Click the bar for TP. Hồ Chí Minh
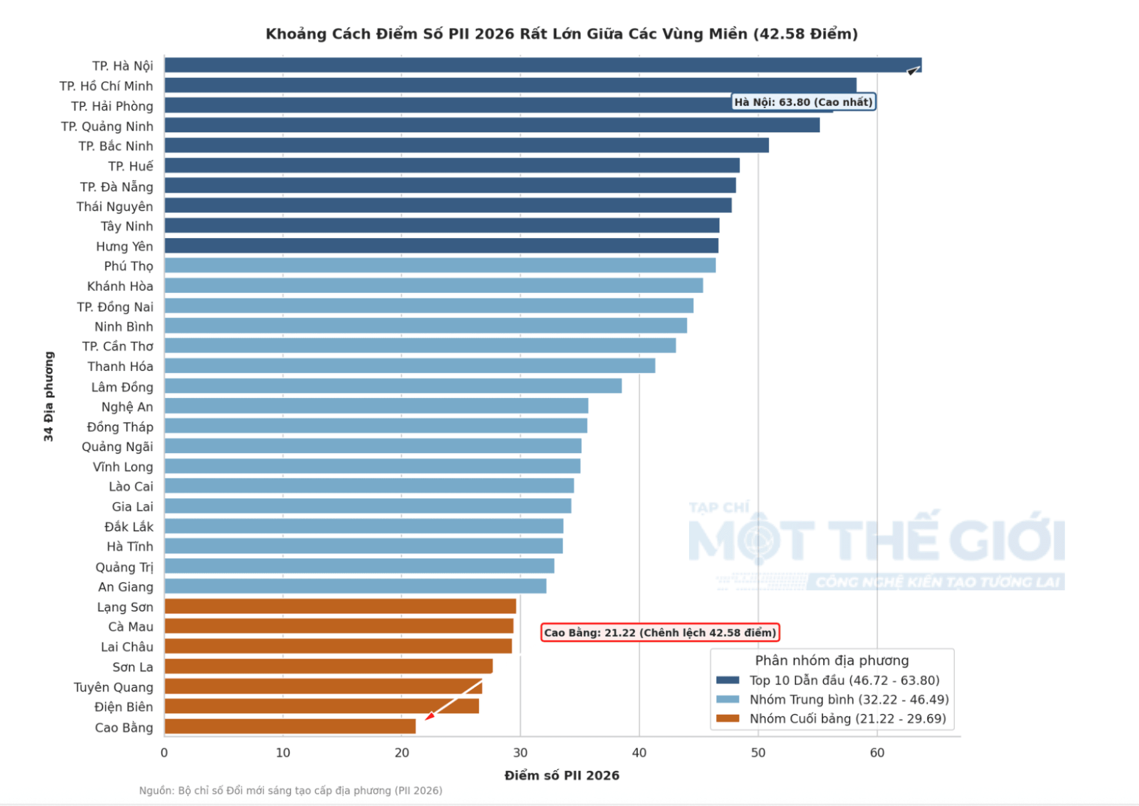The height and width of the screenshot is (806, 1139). coord(510,85)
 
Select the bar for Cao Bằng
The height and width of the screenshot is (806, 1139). coord(290,726)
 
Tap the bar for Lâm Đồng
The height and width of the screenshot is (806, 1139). coord(393,386)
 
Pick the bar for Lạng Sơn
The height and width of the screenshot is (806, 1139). coord(340,606)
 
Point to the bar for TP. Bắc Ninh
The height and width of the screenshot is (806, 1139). coord(467,145)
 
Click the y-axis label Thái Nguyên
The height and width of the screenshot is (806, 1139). coord(115,206)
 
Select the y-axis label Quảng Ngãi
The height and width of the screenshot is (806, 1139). coord(117,447)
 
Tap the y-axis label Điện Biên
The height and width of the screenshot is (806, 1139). coord(123,707)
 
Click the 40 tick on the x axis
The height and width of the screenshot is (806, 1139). coord(639,753)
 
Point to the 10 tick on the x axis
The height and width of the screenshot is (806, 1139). coord(283,753)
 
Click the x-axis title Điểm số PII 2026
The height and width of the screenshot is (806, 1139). coord(562,775)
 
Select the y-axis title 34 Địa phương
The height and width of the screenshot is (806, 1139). coord(49,397)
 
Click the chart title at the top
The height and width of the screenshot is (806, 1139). coord(562,34)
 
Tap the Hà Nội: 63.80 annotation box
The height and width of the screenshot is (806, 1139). coord(804,102)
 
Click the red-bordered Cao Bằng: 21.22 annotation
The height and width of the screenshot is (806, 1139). coord(660,632)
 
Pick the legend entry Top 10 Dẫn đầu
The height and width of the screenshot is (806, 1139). coord(844,680)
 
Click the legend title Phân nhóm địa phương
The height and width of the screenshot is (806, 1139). coord(832,660)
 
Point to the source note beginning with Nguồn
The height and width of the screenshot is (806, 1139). coord(291,790)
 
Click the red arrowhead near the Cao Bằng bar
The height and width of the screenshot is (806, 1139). coord(429,716)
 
